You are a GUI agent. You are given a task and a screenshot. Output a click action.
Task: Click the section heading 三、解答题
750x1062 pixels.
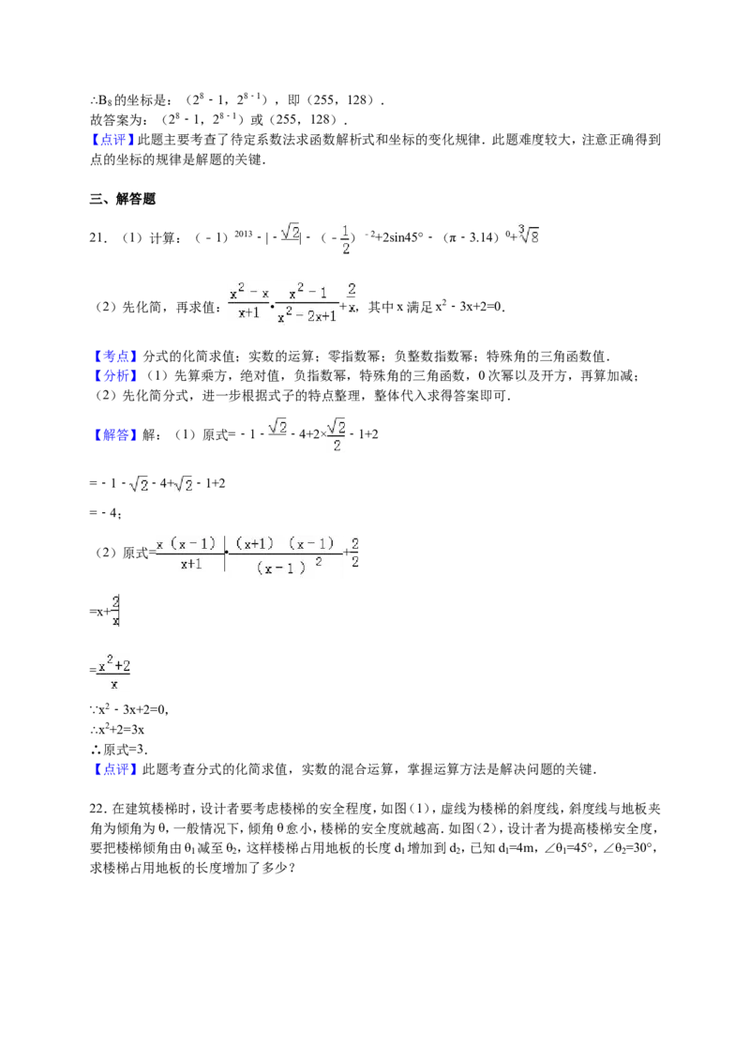click(123, 199)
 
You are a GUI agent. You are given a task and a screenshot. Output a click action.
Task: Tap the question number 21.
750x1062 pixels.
click(97, 237)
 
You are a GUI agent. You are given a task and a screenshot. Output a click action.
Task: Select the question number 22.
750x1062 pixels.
click(97, 809)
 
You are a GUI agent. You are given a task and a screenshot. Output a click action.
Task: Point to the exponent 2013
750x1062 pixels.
click(244, 234)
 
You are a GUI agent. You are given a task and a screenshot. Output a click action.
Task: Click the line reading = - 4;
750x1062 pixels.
click(106, 513)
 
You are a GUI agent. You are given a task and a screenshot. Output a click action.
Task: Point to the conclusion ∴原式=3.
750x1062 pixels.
click(118, 750)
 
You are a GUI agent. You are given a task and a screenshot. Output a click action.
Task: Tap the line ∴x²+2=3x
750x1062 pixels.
click(117, 730)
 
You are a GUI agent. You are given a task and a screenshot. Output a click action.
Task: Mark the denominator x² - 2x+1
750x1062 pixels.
click(307, 315)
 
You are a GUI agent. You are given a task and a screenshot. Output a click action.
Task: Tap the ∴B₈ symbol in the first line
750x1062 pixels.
click(100, 100)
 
